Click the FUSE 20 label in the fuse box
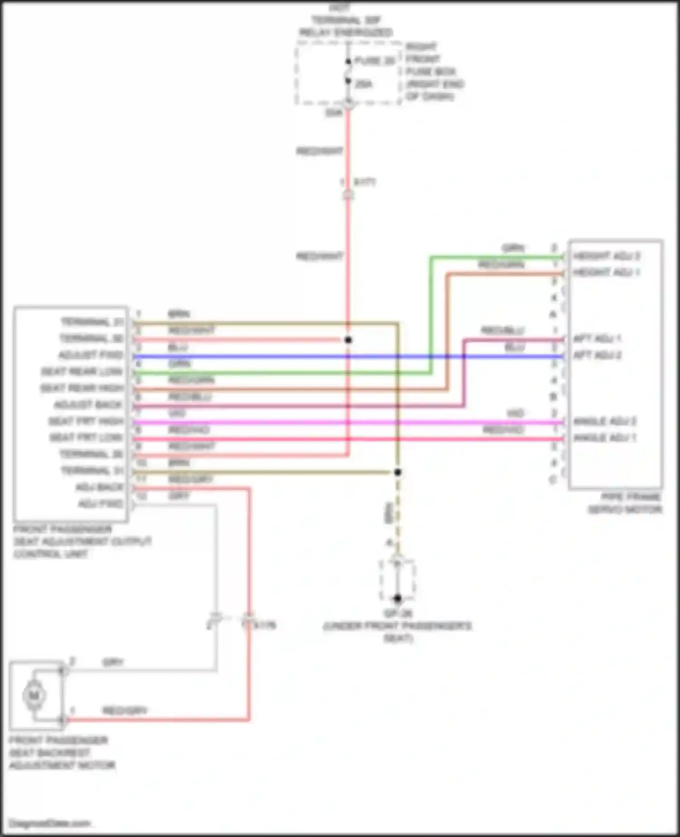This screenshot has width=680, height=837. (x=374, y=61)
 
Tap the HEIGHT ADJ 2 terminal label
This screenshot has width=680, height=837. (x=606, y=256)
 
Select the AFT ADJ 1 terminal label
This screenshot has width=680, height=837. (x=597, y=339)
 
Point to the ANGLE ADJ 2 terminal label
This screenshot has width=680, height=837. (x=604, y=421)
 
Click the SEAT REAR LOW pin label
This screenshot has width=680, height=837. (x=82, y=372)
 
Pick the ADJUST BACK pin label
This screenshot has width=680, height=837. (x=88, y=404)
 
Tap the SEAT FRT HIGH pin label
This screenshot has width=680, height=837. (x=86, y=421)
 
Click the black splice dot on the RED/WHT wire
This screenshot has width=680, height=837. (x=348, y=340)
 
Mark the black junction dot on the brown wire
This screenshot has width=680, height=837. (x=398, y=472)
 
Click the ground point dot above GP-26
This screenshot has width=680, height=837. (x=398, y=599)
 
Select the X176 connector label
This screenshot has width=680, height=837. (x=264, y=625)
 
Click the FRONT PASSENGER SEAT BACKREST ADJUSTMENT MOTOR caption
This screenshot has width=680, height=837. (x=62, y=753)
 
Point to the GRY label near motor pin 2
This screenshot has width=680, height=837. (x=113, y=662)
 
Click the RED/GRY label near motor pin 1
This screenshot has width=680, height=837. (x=125, y=710)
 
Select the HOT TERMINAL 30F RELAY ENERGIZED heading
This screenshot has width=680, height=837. (x=345, y=20)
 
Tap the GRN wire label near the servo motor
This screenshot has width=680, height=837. (x=513, y=248)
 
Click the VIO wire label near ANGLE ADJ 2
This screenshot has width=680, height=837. (x=515, y=413)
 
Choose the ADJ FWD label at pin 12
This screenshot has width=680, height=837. (x=100, y=504)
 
